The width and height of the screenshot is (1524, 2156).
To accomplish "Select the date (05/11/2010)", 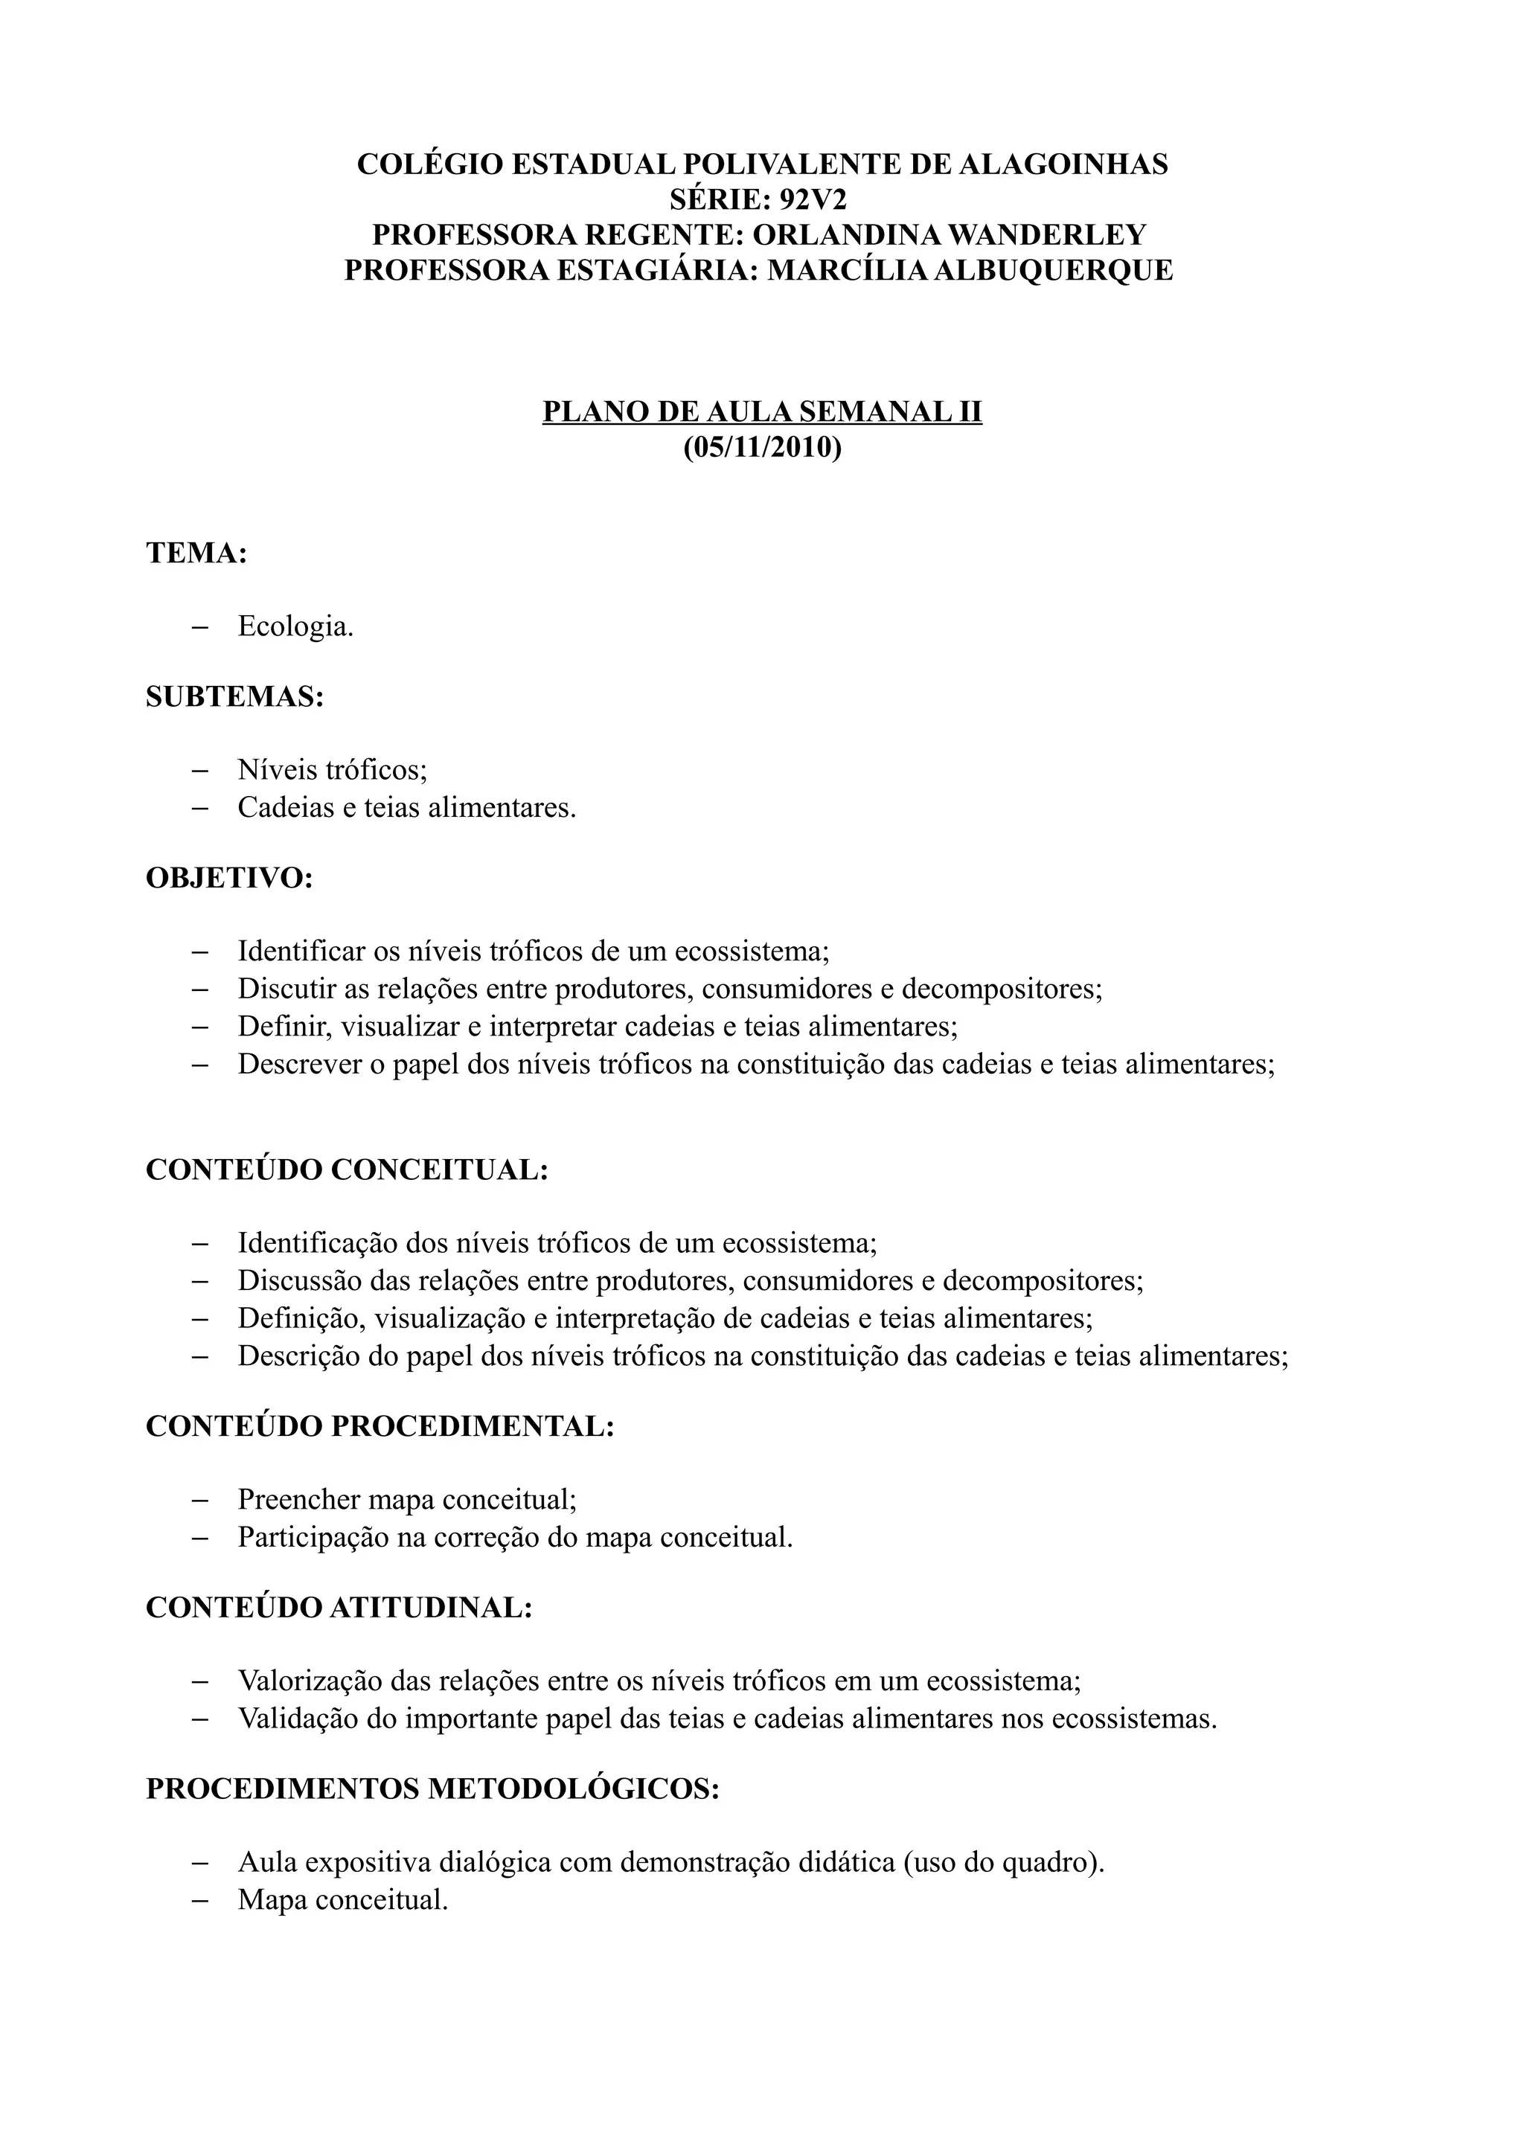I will (x=761, y=448).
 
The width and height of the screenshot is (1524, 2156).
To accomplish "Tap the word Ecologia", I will (x=295, y=626).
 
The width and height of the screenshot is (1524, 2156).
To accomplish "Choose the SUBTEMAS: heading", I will (x=234, y=697).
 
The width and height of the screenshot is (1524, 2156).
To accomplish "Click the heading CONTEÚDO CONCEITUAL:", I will (x=347, y=1170).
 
